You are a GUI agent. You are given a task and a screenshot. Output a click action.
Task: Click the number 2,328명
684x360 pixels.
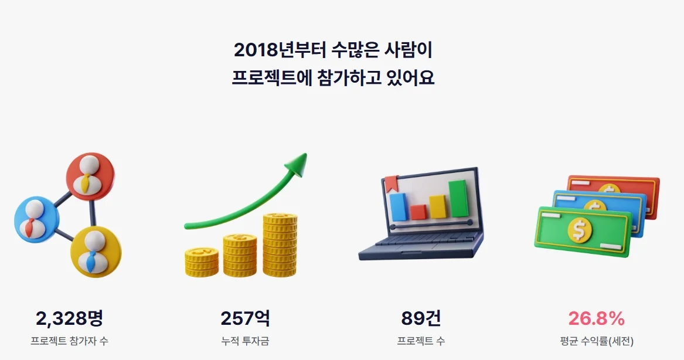(69, 318)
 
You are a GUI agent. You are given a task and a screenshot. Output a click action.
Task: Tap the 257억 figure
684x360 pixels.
(245, 318)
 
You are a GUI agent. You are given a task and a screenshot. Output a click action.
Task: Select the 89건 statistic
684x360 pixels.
(421, 318)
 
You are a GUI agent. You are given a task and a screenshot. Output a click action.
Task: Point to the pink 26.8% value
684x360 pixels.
(596, 318)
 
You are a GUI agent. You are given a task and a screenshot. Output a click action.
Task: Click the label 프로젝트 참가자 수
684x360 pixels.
(69, 341)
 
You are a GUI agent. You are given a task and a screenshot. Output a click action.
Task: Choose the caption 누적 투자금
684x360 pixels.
(245, 341)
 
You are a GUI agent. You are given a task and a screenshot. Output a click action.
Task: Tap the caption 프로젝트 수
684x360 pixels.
(421, 341)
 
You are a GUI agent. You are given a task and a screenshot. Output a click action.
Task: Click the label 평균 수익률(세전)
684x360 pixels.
(597, 341)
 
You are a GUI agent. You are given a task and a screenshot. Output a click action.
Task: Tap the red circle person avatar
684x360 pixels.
(90, 176)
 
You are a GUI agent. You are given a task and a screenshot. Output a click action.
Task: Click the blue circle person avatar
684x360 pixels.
(36, 219)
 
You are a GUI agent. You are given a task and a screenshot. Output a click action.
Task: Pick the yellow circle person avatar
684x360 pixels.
(96, 251)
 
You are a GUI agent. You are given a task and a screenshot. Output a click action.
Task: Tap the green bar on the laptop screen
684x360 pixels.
(458, 198)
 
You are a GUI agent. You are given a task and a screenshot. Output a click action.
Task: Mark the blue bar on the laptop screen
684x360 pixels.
(398, 207)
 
